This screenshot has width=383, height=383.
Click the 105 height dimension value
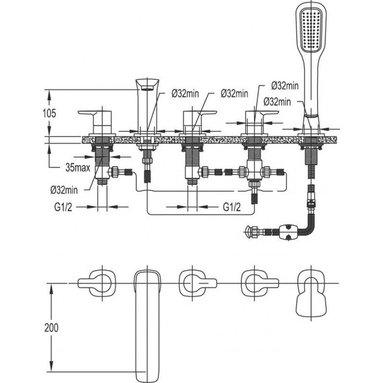(49, 113)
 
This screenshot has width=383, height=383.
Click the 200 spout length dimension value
(51, 327)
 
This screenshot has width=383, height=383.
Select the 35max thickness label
(78, 167)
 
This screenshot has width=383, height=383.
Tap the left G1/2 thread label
(63, 207)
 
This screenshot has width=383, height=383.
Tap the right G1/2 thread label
(232, 207)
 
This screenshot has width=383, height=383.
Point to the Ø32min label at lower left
(64, 189)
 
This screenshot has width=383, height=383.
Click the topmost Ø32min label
(285, 86)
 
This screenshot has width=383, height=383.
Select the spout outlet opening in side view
(146, 88)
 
